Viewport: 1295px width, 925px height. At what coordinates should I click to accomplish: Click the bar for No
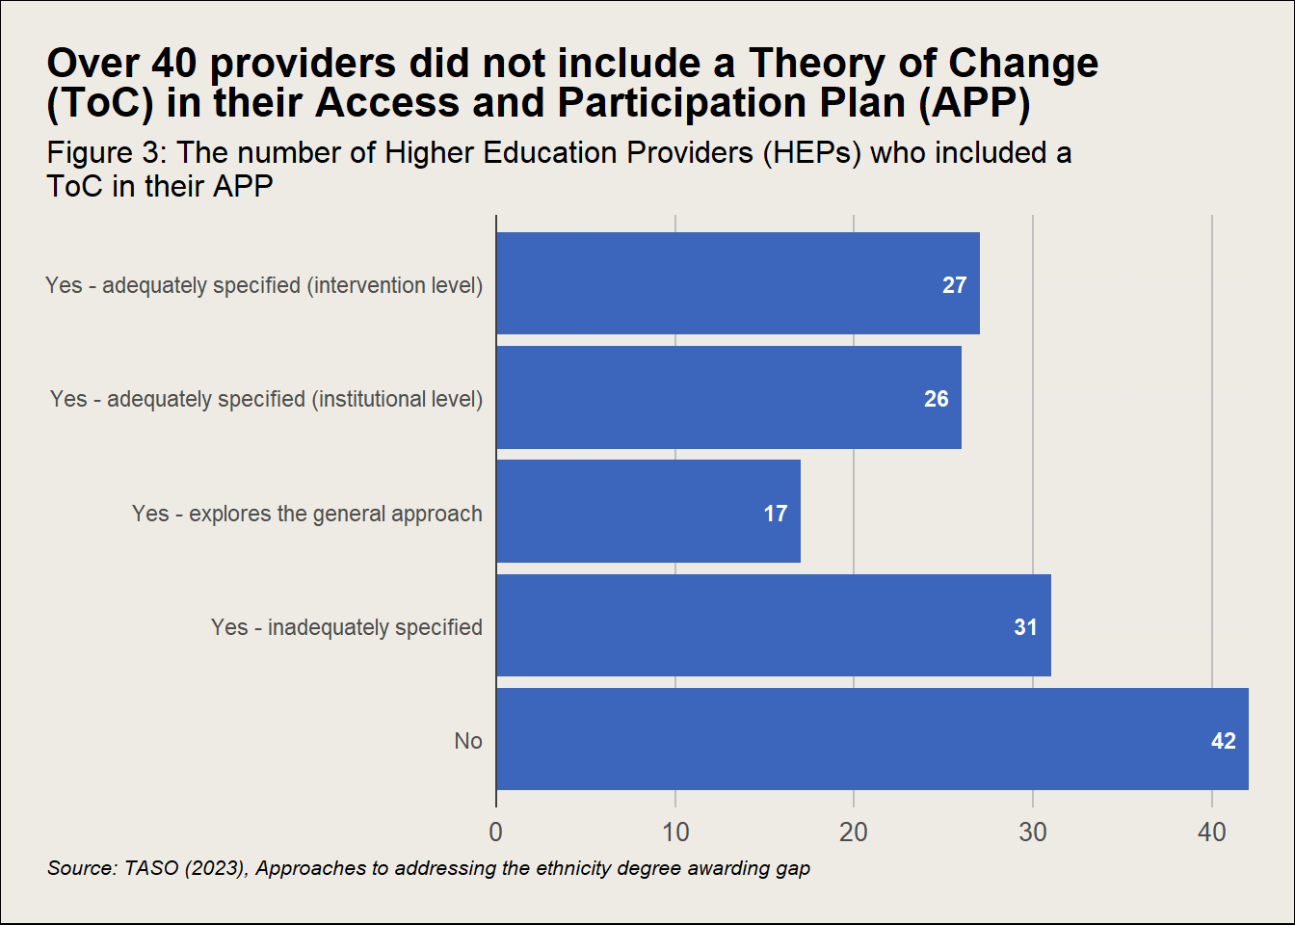(872, 739)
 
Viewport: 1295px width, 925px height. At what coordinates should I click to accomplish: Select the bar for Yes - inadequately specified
(773, 625)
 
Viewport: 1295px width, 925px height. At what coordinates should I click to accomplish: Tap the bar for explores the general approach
(647, 512)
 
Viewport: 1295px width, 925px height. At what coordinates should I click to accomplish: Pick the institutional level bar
(728, 397)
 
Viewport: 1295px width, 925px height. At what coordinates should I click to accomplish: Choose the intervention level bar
(737, 283)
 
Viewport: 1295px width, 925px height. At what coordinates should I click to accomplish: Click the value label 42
(1223, 741)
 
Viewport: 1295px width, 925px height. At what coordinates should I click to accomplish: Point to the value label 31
(1025, 627)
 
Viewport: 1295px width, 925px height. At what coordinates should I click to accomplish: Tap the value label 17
(776, 514)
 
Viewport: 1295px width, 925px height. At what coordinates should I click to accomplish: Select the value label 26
(936, 399)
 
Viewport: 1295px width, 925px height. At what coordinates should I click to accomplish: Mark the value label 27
(954, 285)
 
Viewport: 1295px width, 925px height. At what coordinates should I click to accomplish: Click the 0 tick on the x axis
(496, 832)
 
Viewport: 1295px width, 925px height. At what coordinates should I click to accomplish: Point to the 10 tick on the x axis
(675, 832)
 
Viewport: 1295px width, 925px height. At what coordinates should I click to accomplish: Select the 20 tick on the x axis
(854, 832)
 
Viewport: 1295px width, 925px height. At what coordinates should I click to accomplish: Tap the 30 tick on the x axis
(1033, 832)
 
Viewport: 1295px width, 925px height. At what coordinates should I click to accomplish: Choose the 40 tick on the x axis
(1211, 832)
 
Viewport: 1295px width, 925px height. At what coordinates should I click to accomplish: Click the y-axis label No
(468, 741)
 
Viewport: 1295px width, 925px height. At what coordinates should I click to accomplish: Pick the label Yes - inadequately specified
(347, 627)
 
